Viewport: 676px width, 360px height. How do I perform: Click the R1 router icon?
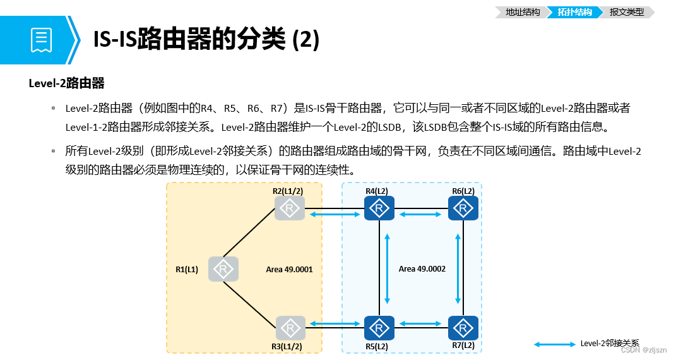(223, 269)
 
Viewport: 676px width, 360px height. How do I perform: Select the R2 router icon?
(290, 208)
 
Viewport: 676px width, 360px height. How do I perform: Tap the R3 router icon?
(290, 328)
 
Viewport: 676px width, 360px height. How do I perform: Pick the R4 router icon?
(379, 208)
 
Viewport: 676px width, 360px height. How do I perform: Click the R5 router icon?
(379, 328)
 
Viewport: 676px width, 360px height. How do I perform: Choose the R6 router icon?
(463, 208)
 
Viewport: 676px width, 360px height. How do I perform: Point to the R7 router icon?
(463, 328)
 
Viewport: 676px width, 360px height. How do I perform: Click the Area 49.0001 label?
(290, 269)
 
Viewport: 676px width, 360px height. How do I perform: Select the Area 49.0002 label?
(422, 269)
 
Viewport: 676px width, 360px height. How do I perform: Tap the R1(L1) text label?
(187, 270)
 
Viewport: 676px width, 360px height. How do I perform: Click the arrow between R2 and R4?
(335, 215)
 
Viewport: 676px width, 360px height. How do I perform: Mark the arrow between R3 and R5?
(335, 324)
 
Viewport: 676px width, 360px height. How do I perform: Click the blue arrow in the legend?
(555, 344)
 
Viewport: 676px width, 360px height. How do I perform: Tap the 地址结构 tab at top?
(523, 12)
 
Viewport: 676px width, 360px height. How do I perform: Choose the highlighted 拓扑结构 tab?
(574, 12)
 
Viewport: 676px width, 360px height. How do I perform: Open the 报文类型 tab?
(627, 12)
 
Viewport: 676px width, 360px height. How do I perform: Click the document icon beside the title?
(41, 40)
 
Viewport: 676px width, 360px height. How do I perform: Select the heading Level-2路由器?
(66, 83)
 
